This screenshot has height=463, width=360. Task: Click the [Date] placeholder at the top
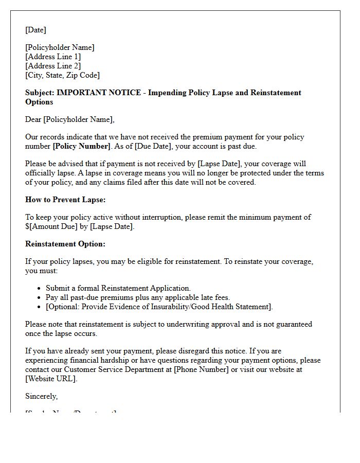tap(35, 30)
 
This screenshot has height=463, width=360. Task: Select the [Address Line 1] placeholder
tap(53, 57)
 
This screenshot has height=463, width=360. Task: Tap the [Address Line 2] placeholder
tap(53, 66)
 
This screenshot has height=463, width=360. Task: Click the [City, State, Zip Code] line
tap(62, 75)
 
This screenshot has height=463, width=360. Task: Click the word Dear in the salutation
tap(33, 119)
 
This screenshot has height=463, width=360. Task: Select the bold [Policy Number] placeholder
tap(81, 146)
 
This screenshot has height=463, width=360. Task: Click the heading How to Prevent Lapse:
tap(65, 200)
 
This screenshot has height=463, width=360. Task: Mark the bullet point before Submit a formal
tap(40, 289)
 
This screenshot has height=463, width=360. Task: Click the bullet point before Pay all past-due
tap(40, 298)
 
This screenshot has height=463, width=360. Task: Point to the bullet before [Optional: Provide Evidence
tap(40, 307)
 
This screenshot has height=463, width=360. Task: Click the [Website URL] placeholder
tap(50, 379)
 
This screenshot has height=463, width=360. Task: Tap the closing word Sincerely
tap(41, 396)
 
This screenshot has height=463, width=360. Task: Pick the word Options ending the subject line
tap(39, 102)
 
